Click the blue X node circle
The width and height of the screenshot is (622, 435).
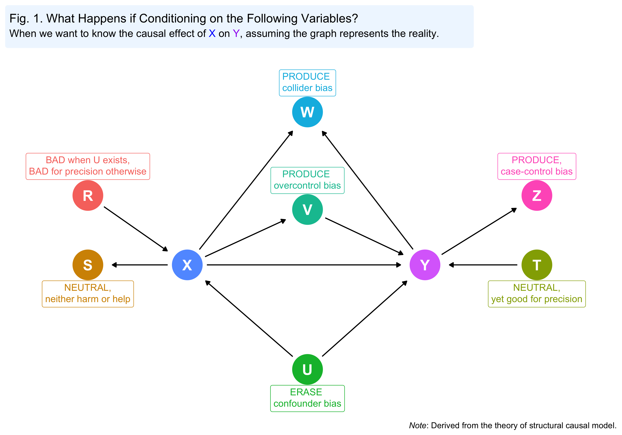click(187, 265)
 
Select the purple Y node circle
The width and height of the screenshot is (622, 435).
click(425, 265)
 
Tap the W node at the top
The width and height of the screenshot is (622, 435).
click(307, 112)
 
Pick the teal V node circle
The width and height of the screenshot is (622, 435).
click(307, 209)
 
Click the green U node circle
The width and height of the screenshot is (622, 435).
click(307, 369)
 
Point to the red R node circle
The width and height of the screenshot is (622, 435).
click(88, 195)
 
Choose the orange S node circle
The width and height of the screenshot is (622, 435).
click(88, 265)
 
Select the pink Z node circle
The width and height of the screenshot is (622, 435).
click(537, 195)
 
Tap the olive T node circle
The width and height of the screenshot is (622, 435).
click(537, 265)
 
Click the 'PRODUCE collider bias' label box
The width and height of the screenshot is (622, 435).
click(307, 83)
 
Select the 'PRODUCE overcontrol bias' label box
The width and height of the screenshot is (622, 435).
click(307, 180)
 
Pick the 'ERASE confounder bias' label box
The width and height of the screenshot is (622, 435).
click(307, 398)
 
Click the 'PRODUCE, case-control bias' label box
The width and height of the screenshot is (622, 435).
click(537, 166)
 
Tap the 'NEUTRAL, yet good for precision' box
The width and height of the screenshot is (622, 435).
click(537, 294)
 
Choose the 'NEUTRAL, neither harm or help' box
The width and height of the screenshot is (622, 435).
click(88, 294)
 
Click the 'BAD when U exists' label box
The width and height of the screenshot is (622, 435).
click(88, 166)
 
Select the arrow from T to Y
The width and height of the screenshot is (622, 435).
click(484, 265)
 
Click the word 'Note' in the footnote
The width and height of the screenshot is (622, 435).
click(417, 425)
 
